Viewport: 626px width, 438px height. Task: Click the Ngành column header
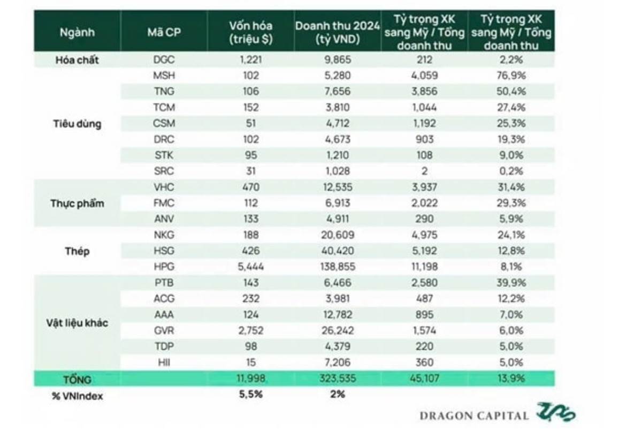tap(77, 32)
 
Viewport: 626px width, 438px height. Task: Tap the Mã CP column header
tap(164, 32)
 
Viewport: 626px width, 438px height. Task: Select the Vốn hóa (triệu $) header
tap(250, 32)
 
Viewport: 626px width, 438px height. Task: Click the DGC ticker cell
tap(164, 60)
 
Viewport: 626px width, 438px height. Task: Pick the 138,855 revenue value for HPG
tap(338, 266)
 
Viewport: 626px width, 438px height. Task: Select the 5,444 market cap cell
tap(250, 266)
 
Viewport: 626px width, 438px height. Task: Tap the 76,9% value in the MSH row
tap(510, 75)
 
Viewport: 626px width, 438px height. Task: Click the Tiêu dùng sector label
tap(77, 124)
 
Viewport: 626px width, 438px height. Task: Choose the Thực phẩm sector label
tap(77, 203)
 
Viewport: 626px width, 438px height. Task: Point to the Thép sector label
tap(77, 251)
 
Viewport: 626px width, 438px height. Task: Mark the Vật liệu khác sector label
tap(77, 323)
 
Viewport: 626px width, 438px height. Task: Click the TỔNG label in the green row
tap(77, 379)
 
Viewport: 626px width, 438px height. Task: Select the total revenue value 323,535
tap(338, 379)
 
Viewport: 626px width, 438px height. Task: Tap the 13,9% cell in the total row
tap(510, 379)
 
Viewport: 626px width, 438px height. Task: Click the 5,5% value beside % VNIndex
tap(250, 395)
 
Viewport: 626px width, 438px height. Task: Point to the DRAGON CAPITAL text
tap(474, 416)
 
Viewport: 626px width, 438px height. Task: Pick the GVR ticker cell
tap(164, 331)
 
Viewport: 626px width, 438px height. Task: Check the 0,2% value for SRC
tap(510, 171)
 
